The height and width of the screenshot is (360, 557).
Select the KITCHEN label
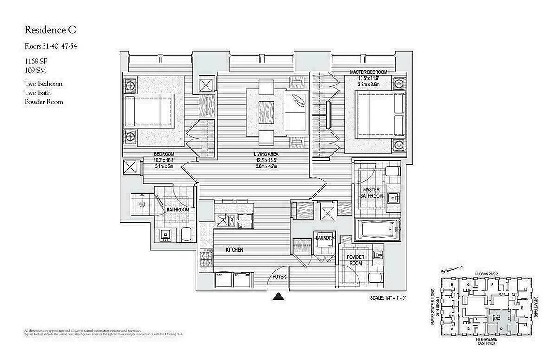click(234, 250)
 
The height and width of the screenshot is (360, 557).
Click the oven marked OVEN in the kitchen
click(223, 280)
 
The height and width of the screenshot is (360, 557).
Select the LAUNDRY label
click(324, 238)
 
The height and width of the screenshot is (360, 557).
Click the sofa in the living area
click(296, 110)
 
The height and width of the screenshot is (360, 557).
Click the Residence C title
click(50, 30)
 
